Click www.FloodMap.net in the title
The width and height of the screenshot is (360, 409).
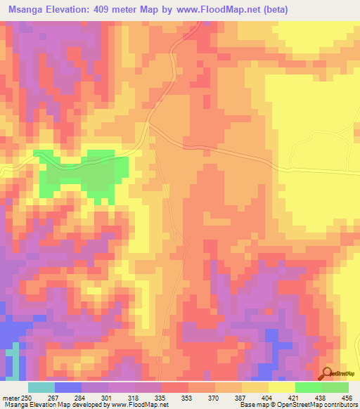pos(216,9)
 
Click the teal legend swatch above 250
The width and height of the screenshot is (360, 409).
pos(41,387)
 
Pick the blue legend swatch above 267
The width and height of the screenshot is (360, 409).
pos(68,387)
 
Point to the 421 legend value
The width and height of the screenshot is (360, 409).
pos(296,398)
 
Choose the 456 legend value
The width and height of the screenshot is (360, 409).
pos(347,398)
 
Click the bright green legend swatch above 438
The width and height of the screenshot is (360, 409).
pos(309,387)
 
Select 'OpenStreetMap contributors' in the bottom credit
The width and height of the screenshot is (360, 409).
pos(317,405)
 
